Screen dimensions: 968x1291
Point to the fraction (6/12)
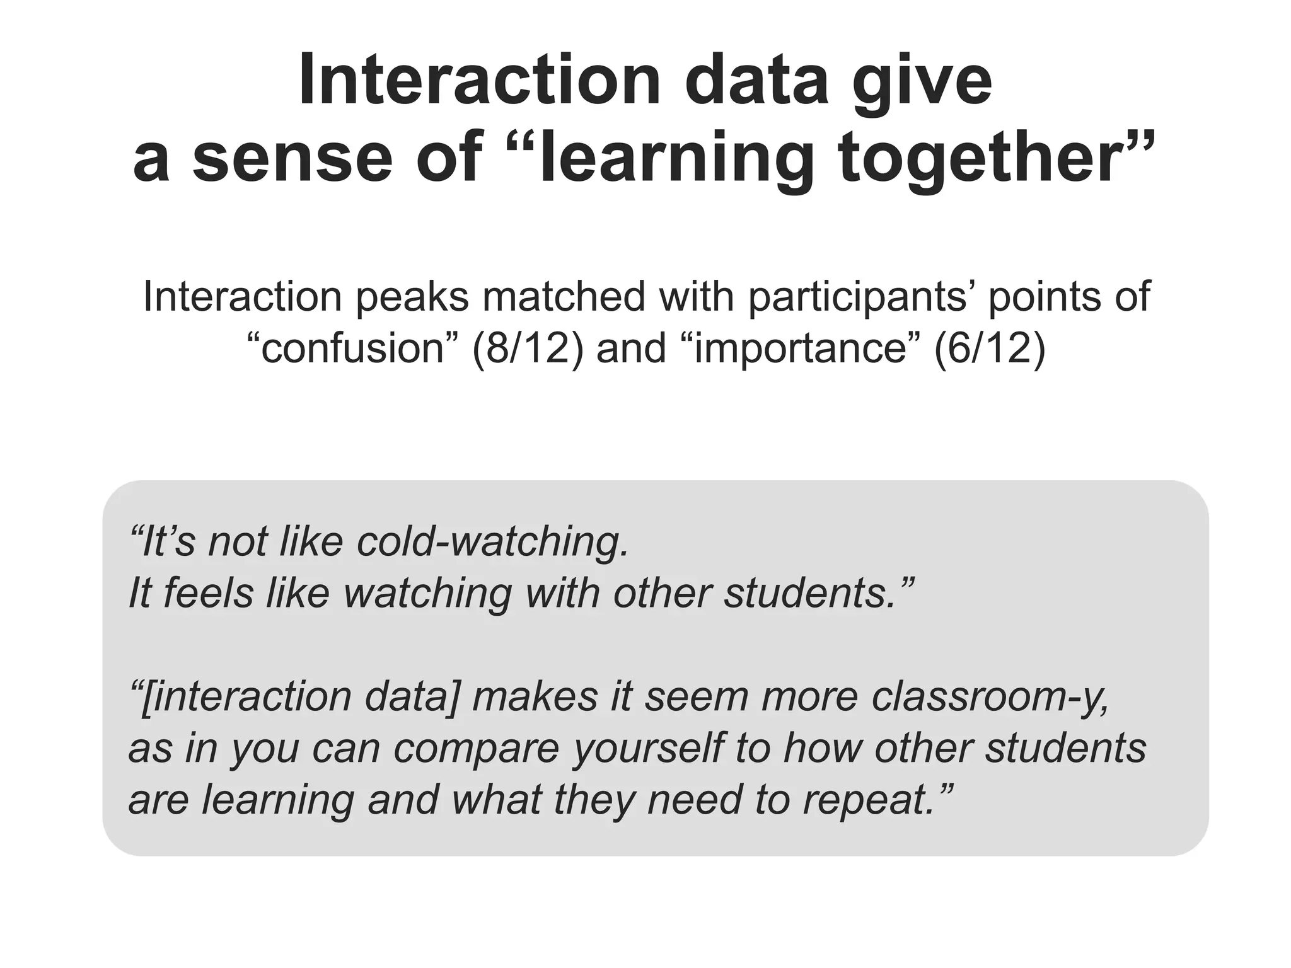coord(989,348)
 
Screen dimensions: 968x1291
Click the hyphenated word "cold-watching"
coord(492,542)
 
